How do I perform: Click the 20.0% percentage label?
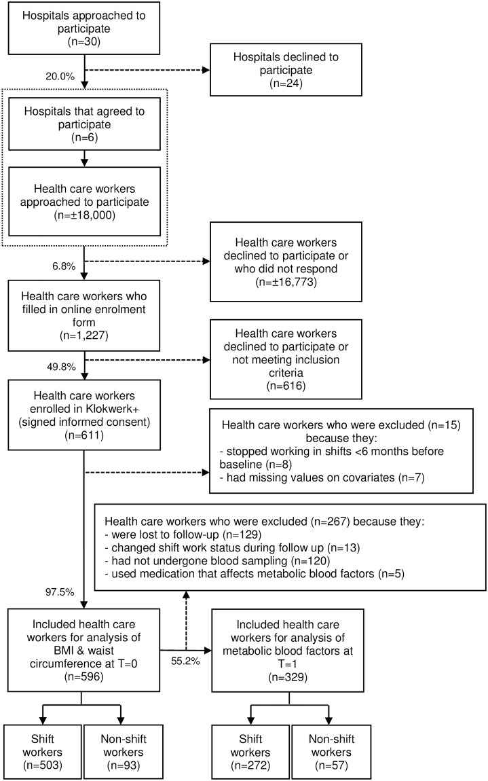[60, 76]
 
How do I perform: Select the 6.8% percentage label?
[64, 266]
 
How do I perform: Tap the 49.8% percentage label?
[61, 367]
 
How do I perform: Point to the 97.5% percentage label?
[60, 592]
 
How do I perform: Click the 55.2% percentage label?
[185, 661]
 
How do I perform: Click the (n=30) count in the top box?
[83, 42]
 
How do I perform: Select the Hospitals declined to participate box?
[286, 70]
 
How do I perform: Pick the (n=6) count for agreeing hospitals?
[84, 137]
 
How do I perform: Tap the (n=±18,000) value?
[84, 215]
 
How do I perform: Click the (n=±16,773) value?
[286, 282]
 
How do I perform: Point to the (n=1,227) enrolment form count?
[83, 335]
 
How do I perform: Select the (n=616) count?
[286, 386]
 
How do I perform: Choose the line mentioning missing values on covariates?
[322, 477]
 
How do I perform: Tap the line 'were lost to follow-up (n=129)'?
[183, 534]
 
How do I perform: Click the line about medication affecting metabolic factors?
[255, 574]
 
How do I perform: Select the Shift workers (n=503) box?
[42, 752]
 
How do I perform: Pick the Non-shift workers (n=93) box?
[124, 752]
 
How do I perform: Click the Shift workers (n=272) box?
[250, 752]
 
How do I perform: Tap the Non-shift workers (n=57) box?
[331, 752]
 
